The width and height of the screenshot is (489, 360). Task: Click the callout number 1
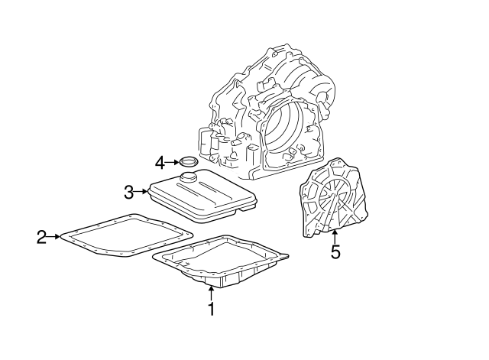point(212,310)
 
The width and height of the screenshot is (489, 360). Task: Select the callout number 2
point(42,237)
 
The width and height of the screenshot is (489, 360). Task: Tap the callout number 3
point(129,191)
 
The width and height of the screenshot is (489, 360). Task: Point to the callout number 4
point(160,162)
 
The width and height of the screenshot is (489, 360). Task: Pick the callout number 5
point(335,251)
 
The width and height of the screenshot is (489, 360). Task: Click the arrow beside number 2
point(55,237)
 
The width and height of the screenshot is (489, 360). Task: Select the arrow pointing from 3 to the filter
point(141,191)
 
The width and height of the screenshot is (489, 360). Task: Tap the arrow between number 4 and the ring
point(171,162)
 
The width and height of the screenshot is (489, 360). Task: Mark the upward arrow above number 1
point(212,293)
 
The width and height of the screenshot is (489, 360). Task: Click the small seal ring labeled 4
point(187,162)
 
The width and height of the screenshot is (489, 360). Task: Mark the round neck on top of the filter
point(186,178)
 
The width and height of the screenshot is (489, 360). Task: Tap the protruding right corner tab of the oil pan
point(284,255)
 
